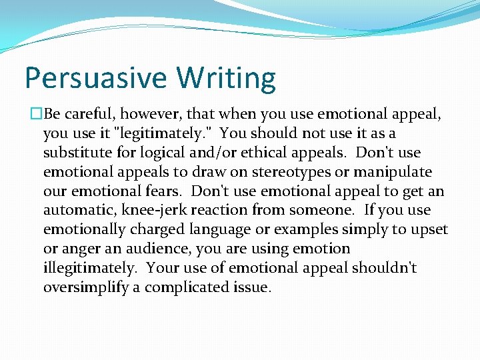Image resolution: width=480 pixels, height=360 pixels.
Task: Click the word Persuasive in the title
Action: coord(96,78)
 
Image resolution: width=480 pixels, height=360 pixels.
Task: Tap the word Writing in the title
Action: coord(226,78)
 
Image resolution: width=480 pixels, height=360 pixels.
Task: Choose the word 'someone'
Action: coord(326,211)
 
